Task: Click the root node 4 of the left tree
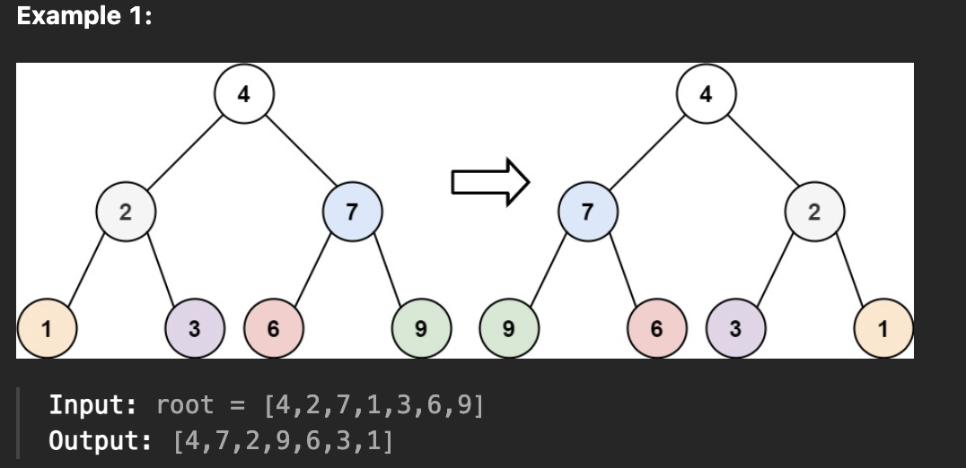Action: click(244, 94)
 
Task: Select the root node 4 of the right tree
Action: click(706, 94)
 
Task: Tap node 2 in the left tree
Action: click(126, 212)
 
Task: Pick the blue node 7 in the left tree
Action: click(352, 212)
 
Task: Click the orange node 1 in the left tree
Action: click(47, 329)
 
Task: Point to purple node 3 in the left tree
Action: click(194, 329)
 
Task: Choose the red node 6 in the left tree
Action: click(273, 329)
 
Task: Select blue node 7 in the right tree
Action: click(587, 212)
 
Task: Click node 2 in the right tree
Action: click(814, 212)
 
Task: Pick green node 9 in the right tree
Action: click(508, 329)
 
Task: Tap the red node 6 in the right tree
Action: click(656, 329)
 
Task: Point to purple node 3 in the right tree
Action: click(735, 329)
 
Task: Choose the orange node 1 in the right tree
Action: click(883, 329)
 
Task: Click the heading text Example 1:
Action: click(84, 19)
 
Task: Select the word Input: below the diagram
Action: click(92, 405)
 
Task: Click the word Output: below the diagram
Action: click(98, 441)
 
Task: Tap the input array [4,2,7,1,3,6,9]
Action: click(373, 405)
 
